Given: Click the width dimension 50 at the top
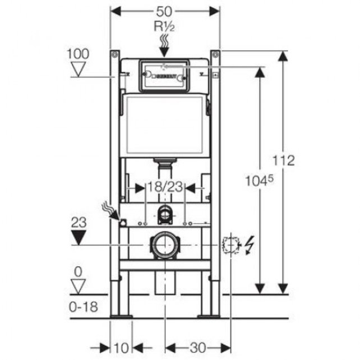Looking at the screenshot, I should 165,11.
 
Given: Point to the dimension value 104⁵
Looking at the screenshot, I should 260,180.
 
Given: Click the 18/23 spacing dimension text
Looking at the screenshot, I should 165,187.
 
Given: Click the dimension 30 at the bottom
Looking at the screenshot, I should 198,348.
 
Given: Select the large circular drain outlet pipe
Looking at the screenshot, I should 165,245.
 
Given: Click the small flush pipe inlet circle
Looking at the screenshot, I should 165,213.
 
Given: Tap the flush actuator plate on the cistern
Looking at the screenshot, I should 165,74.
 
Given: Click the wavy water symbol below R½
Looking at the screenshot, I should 165,41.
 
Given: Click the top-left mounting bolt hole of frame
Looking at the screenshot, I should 114,54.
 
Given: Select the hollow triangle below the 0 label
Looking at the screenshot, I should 79,286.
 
